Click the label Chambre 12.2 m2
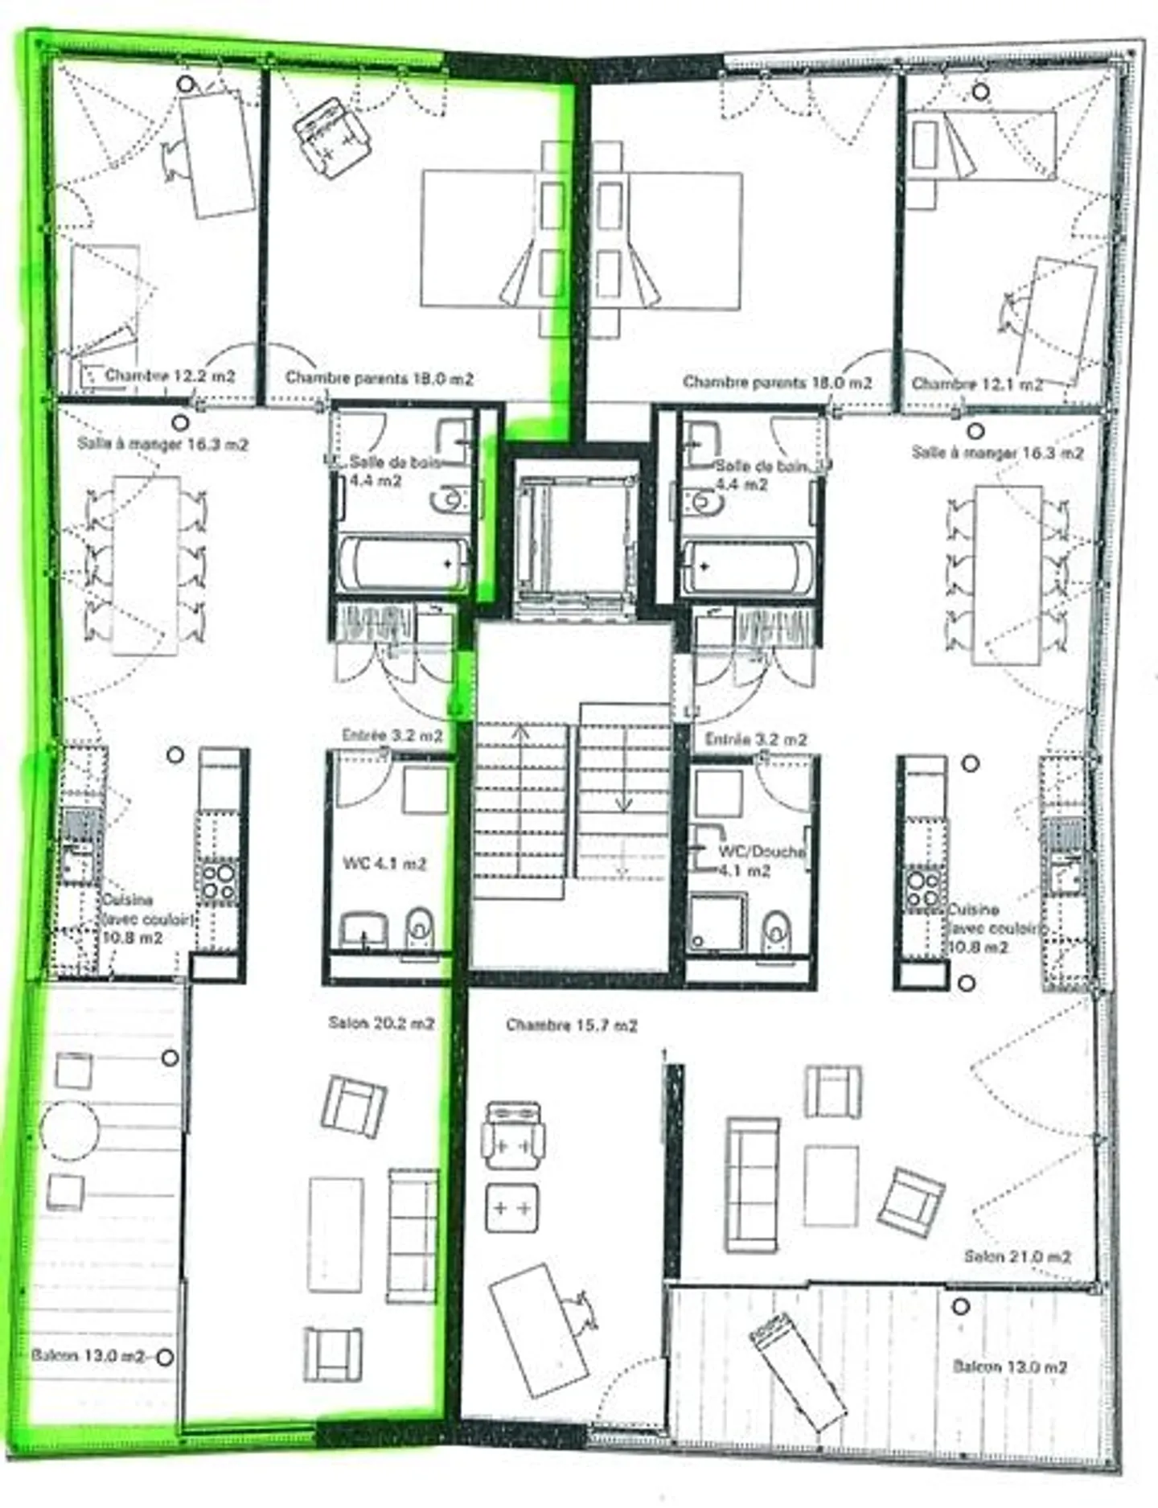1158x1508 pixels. pos(170,376)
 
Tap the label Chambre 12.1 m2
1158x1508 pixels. pos(976,384)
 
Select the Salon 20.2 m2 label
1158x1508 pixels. pos(381,1024)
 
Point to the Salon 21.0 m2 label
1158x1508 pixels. pos(1017,1256)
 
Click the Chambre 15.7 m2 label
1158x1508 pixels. pos(572,1025)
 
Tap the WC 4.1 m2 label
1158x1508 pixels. pos(384,864)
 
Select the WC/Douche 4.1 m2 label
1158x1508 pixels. pos(759,861)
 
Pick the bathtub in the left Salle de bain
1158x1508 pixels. pos(402,565)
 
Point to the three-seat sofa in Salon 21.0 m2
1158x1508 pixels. pos(753,1185)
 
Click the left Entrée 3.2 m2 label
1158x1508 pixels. pos(392,735)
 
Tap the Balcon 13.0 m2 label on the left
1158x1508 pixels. pos(88,1356)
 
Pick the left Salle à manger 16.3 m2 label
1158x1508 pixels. pos(162,443)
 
